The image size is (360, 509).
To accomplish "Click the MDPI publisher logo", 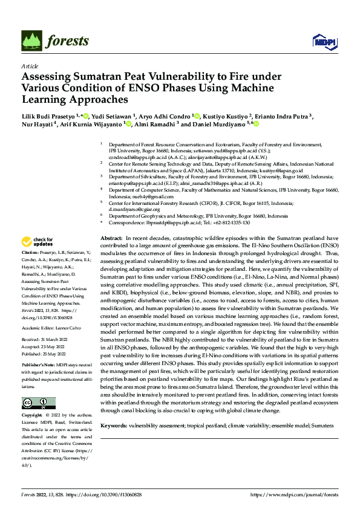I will coord(321,41).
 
